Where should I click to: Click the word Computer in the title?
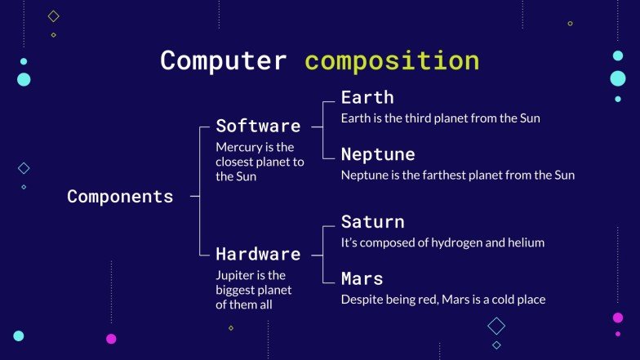[x=223, y=61]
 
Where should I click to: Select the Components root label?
[x=120, y=197]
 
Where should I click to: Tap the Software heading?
[x=258, y=126]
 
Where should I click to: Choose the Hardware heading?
[x=258, y=254]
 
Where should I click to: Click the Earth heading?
[x=367, y=97]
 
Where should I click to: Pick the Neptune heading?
[x=378, y=154]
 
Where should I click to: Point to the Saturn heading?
[x=372, y=222]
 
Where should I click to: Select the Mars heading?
[x=362, y=279]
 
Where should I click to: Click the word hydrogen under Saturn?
[x=438, y=242]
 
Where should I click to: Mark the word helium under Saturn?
[x=526, y=242]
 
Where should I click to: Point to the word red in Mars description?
[x=425, y=300]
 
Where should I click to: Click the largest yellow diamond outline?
[x=54, y=16]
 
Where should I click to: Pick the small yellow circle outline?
[x=570, y=24]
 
